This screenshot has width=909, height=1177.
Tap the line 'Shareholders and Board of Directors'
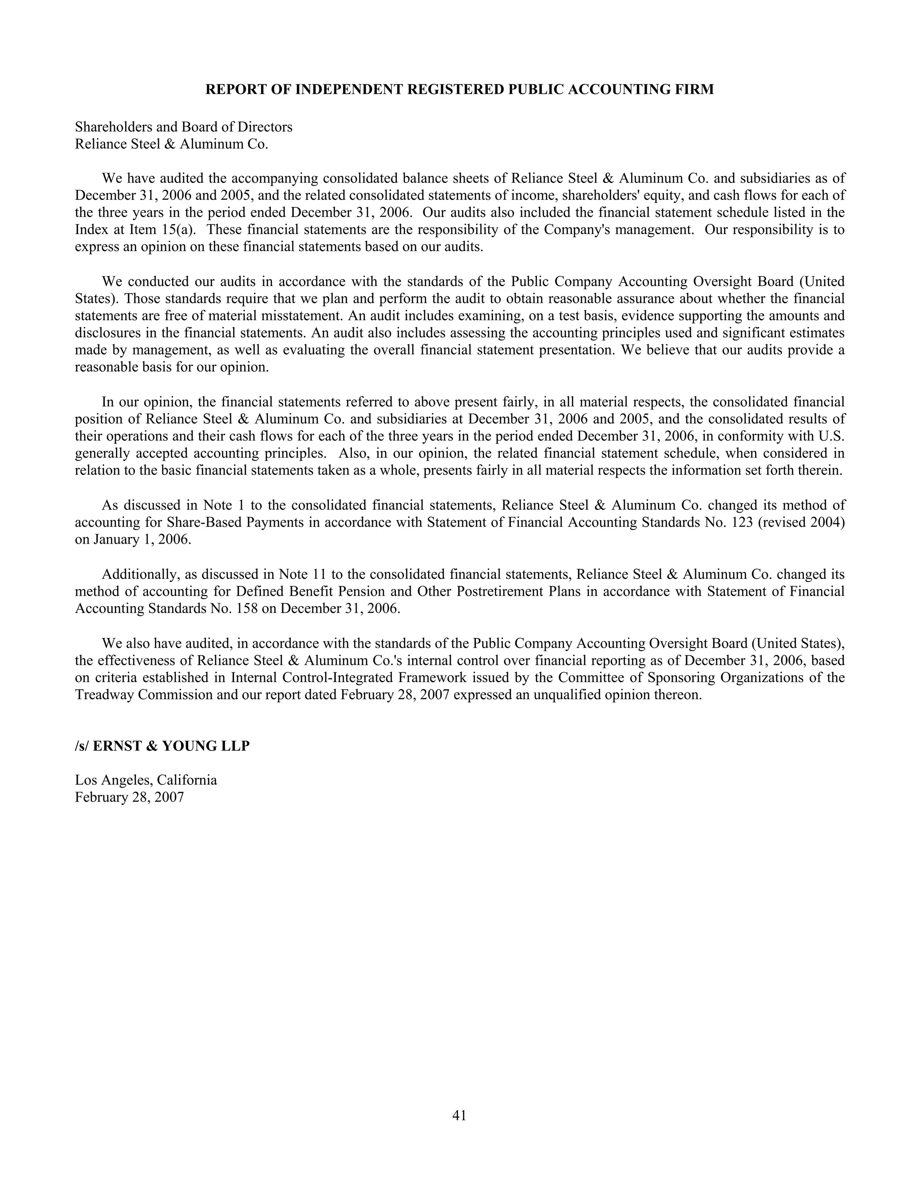point(184,127)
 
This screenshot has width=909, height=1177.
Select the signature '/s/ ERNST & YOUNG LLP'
point(162,747)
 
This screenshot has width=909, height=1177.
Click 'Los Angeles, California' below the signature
point(146,780)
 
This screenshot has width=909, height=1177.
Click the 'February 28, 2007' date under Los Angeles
point(129,798)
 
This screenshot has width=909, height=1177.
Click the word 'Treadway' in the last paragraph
point(104,695)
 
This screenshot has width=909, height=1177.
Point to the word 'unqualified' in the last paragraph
point(566,695)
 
